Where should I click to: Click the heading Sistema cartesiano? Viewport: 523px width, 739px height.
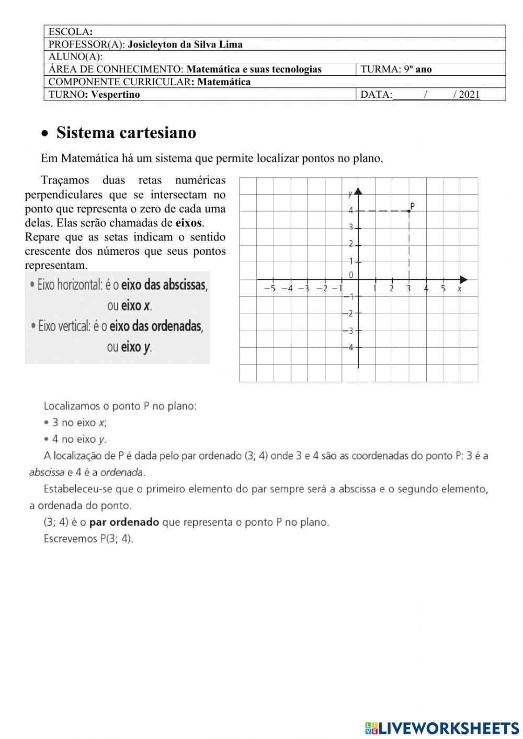pos(126,133)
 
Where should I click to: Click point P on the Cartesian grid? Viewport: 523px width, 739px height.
pos(409,210)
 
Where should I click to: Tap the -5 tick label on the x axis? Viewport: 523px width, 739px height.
pos(269,288)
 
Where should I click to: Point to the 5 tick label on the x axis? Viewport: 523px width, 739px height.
pos(443,288)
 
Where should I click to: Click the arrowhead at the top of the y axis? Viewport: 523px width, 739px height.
pos(358,191)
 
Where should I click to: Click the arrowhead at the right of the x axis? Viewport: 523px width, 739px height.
pos(463,279)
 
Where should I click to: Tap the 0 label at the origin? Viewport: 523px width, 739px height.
pos(351,275)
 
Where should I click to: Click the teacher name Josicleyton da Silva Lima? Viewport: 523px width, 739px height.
pos(185,44)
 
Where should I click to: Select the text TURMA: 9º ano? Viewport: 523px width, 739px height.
pos(396,69)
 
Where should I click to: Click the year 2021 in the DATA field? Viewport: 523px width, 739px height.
pos(469,95)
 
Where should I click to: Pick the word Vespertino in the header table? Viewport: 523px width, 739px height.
pos(116,95)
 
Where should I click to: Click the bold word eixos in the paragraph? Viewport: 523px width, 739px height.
pos(189,223)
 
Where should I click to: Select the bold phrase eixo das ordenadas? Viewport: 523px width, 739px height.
pos(156,326)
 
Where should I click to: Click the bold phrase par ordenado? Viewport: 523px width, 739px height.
pos(124,522)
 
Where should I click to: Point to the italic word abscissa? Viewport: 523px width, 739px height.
pos(47,472)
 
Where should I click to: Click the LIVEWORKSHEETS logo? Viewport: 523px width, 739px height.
pos(442,727)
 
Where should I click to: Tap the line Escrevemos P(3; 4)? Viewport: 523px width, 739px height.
pos(88,538)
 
